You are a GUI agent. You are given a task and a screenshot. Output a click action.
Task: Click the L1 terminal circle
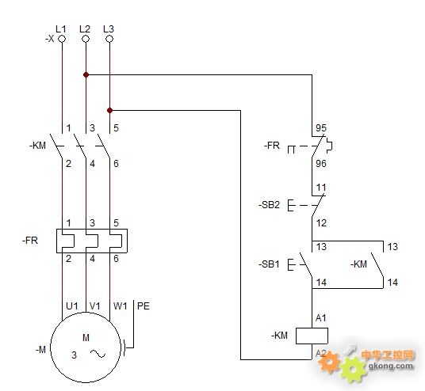click(62, 39)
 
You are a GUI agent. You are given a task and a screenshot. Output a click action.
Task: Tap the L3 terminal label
click(109, 29)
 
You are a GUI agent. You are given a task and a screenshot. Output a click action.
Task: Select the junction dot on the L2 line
click(86, 74)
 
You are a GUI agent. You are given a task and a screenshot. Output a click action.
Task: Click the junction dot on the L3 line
click(109, 110)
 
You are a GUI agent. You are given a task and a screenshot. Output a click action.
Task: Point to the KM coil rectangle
click(312, 336)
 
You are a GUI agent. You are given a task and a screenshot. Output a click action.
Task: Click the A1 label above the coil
click(321, 318)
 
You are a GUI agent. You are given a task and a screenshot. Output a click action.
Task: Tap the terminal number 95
click(321, 127)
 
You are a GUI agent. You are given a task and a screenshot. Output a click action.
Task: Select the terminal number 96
click(321, 163)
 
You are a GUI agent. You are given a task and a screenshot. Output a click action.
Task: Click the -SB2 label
click(269, 205)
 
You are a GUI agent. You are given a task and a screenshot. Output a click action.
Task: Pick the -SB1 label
click(269, 264)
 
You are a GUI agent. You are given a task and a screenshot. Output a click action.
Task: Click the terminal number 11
click(321, 188)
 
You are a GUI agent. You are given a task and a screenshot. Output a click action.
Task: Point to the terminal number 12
click(321, 223)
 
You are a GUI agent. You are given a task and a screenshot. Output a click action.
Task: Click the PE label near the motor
click(144, 306)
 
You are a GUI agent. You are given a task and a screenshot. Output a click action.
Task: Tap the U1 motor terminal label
click(72, 306)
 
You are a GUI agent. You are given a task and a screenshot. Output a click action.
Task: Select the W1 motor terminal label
click(120, 306)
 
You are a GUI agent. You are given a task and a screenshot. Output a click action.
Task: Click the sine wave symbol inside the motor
click(98, 354)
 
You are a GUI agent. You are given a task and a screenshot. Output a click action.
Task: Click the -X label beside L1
click(50, 39)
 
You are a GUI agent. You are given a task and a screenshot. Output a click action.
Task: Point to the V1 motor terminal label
click(95, 306)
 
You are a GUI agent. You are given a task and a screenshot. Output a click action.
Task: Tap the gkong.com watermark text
click(391, 366)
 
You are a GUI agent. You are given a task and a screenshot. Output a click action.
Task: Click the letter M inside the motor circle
click(86, 338)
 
